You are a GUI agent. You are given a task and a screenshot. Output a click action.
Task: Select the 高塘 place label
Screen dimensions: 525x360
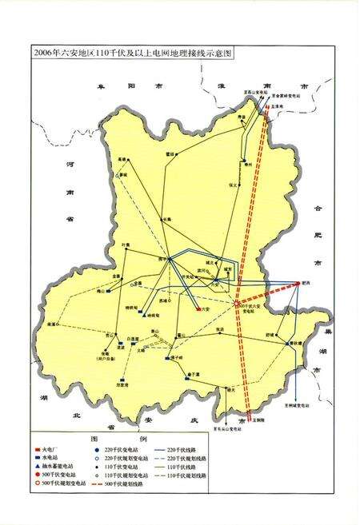pyautogui.click(x=122, y=159)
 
